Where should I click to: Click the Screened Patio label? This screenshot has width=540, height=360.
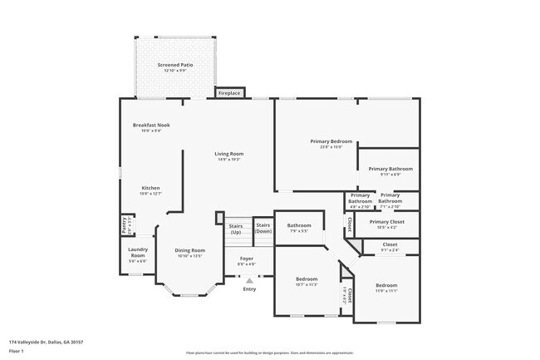[175, 64]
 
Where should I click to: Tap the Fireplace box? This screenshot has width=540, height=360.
[229, 93]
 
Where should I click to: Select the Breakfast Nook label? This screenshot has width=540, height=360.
[151, 126]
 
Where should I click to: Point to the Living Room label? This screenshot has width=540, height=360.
[228, 154]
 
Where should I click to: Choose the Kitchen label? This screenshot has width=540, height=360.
[150, 188]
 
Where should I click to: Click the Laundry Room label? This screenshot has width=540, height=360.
[137, 252]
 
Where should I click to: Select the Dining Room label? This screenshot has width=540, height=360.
[189, 250]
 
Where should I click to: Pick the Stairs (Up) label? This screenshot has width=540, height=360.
[235, 229]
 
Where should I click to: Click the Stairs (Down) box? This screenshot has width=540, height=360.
[263, 227]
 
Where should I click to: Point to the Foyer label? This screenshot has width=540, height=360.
[247, 259]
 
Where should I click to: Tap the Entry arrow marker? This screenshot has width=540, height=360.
[249, 281]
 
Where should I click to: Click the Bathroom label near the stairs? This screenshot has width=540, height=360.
[299, 225]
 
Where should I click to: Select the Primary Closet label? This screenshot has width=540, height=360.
[386, 222]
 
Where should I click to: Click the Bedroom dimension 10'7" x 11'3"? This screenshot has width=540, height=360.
[307, 284]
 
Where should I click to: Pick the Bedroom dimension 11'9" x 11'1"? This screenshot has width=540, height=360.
[385, 291]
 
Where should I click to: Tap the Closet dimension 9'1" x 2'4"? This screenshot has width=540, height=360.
[390, 249]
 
